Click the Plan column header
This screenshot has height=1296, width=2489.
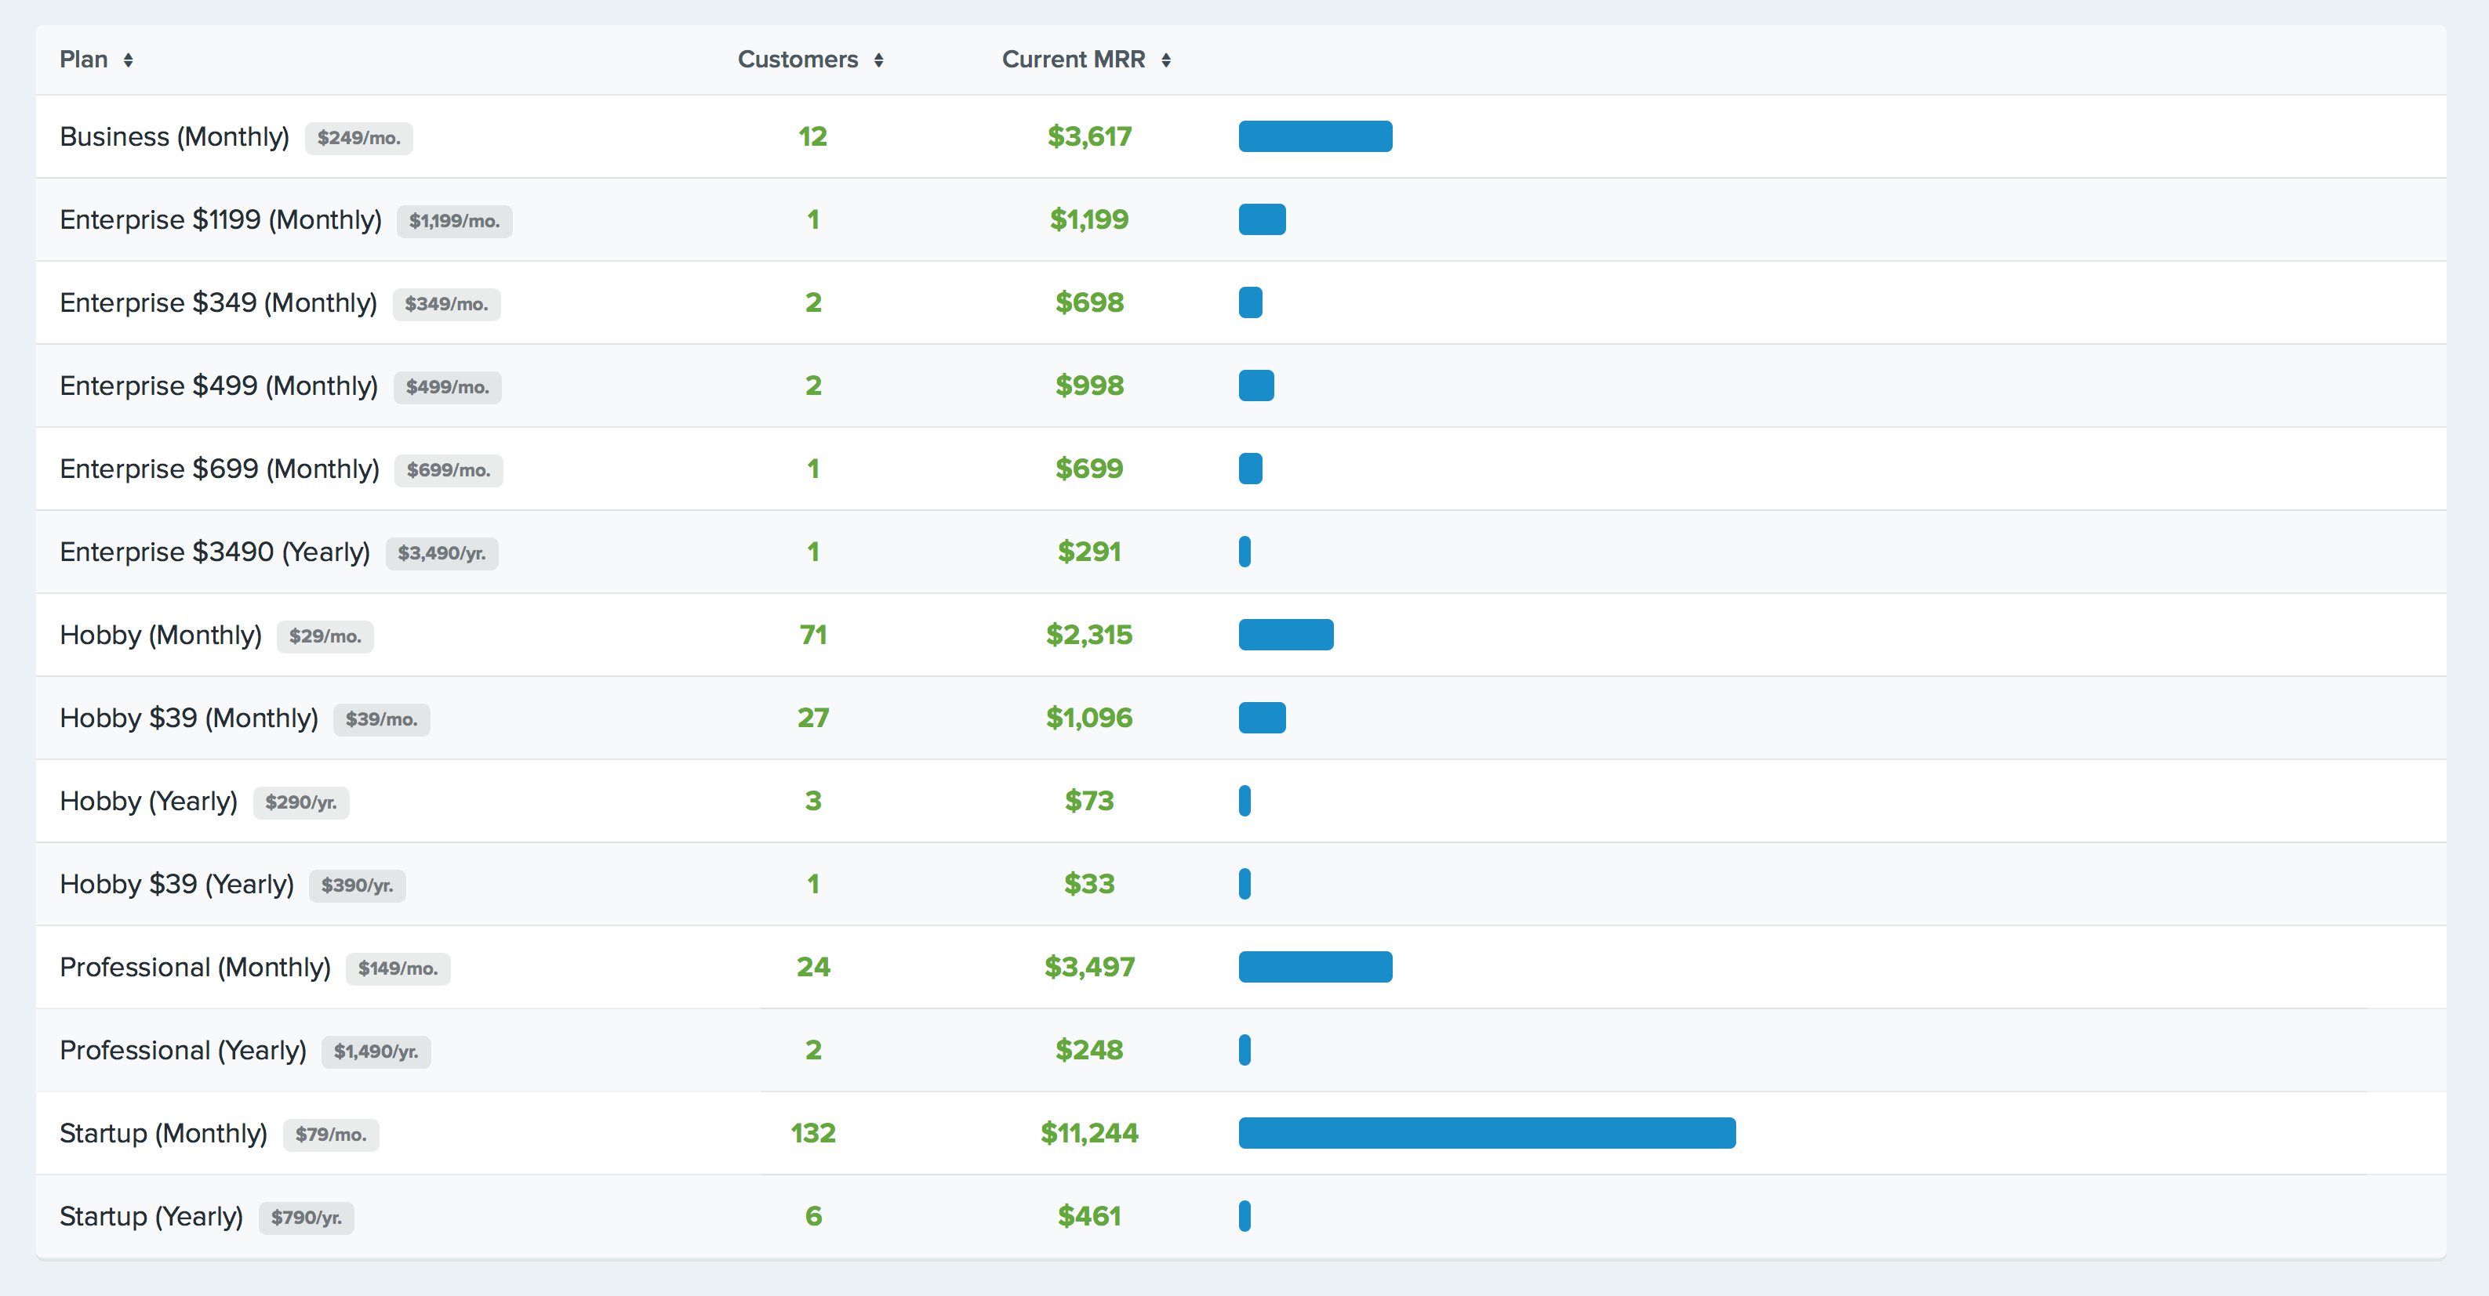84,60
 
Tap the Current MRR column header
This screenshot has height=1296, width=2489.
1073,60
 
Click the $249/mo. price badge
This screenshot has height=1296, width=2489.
358,138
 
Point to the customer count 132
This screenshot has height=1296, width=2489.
812,1133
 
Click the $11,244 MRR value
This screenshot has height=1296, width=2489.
1089,1133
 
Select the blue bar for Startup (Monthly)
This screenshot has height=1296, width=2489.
1486,1133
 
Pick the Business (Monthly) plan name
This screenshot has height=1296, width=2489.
174,137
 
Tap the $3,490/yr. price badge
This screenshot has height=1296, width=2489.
441,553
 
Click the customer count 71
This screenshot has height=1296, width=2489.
812,635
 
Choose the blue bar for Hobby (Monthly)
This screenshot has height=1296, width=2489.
1285,635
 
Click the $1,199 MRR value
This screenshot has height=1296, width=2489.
1089,220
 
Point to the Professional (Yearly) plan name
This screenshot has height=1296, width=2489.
183,1050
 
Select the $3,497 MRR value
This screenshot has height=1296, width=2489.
1089,967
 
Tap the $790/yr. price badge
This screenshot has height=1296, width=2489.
307,1218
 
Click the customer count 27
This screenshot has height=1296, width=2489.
812,718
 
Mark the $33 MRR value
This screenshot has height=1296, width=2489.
1089,884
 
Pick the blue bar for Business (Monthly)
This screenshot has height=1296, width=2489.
1315,136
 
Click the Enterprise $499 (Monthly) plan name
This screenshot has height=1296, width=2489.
218,386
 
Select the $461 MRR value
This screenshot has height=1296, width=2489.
1089,1216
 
